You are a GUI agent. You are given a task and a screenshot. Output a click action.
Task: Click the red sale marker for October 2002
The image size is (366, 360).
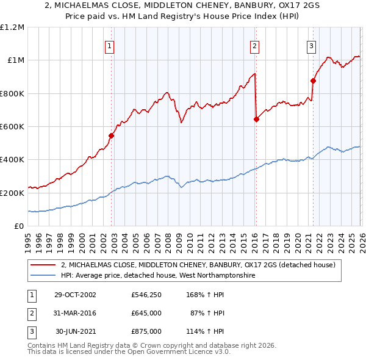112,135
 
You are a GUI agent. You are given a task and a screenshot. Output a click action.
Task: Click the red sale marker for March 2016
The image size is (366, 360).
256,120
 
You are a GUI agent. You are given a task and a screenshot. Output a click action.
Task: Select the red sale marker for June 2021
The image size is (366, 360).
313,81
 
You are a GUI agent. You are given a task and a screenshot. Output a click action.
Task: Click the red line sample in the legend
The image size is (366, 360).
44,265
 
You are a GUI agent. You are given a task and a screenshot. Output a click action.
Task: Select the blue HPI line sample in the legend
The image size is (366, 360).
44,276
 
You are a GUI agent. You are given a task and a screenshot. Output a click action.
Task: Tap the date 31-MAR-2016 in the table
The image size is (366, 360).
76,313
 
